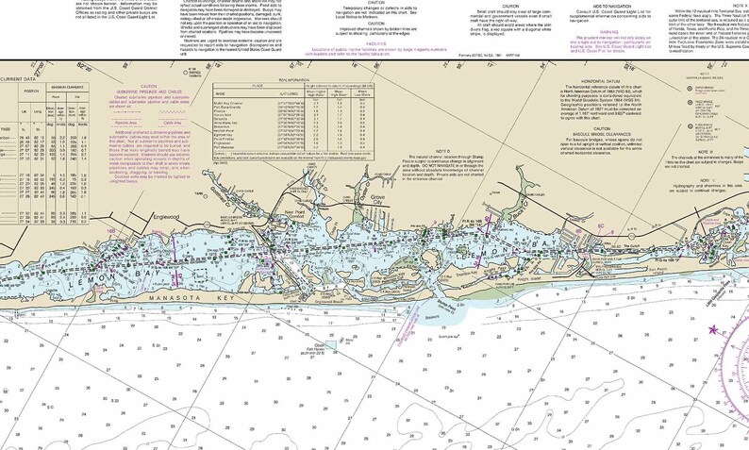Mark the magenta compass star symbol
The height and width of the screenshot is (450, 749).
coord(713,330)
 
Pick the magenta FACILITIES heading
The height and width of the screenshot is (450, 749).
coord(350,41)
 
